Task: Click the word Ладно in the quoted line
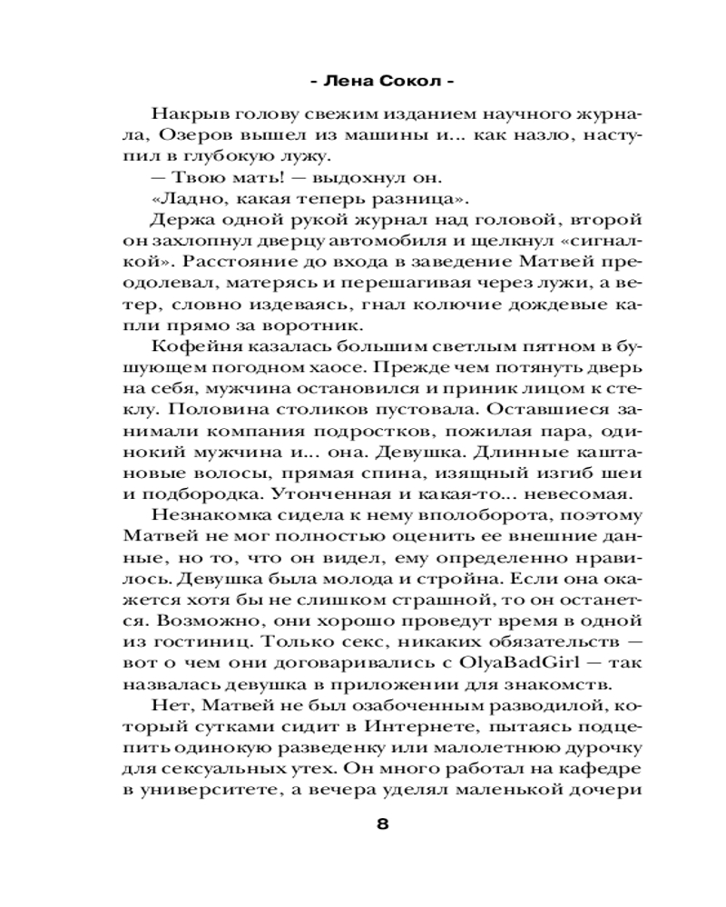(176, 200)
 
